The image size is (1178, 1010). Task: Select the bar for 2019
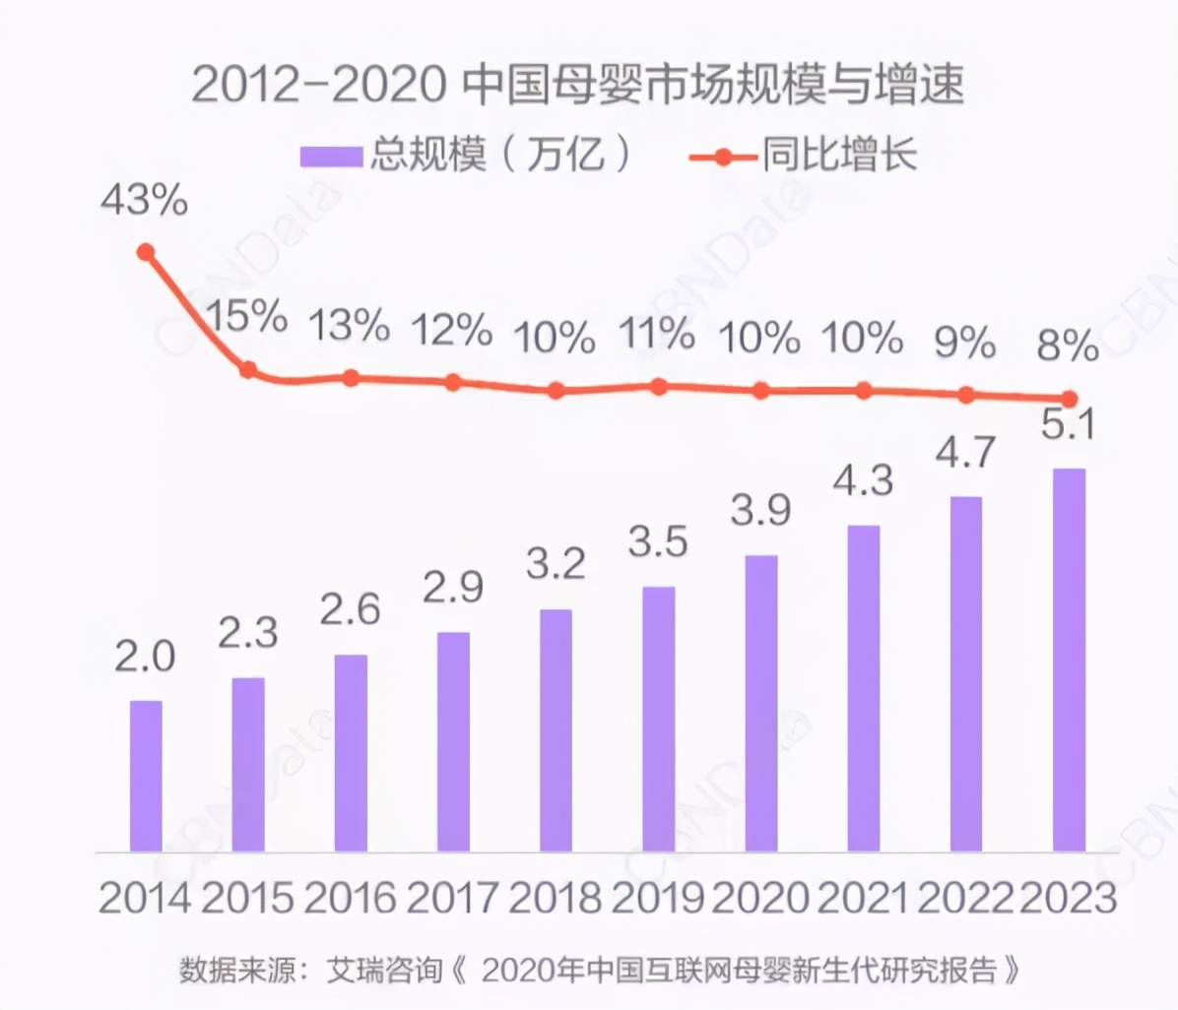click(659, 719)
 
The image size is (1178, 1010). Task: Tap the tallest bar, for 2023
click(1069, 660)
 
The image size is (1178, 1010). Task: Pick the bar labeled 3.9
click(761, 703)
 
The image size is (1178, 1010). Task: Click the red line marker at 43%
click(146, 252)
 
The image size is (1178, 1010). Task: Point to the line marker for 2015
click(248, 370)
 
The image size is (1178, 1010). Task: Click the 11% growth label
click(657, 336)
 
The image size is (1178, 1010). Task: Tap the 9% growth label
click(965, 343)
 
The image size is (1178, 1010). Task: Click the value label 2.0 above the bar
click(145, 658)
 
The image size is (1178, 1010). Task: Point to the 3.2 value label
click(556, 563)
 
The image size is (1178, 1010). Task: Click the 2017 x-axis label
click(453, 898)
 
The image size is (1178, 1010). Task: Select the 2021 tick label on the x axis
click(863, 898)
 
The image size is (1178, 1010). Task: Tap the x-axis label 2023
click(1069, 898)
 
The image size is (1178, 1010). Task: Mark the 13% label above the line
click(350, 326)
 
